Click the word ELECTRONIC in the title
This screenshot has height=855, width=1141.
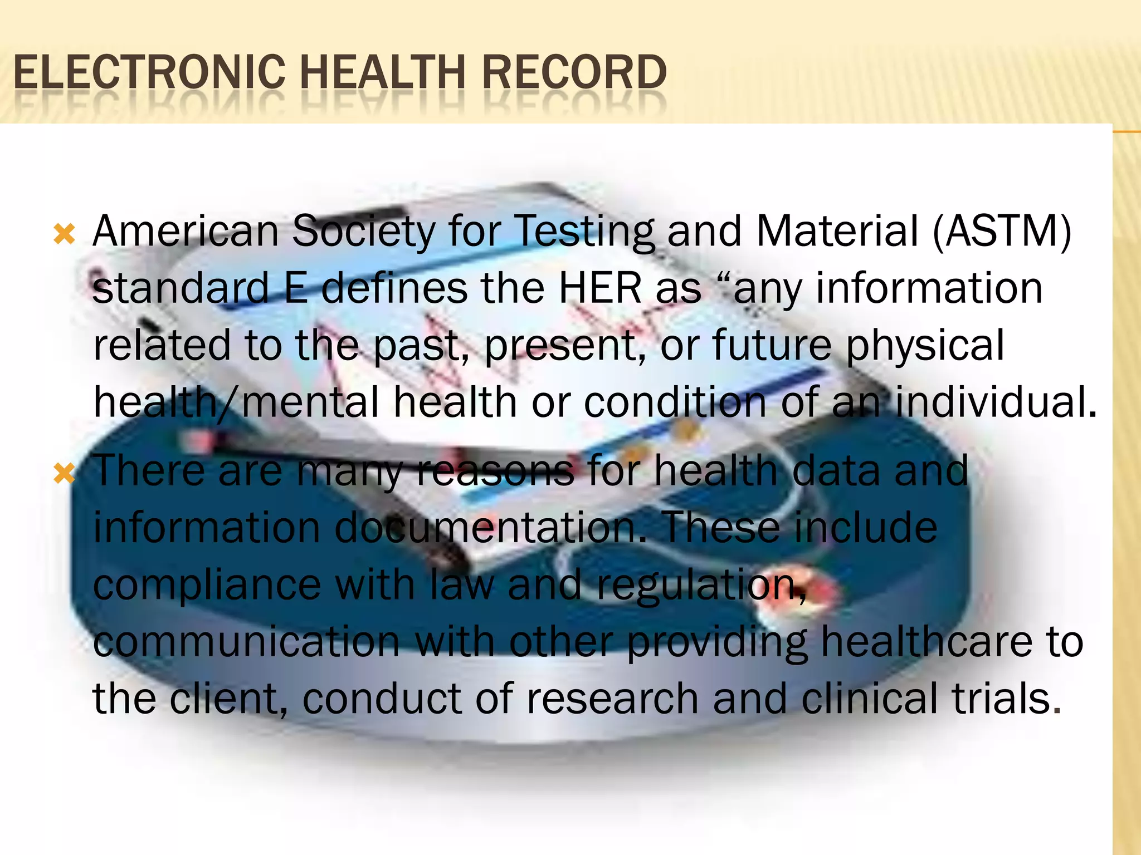[x=149, y=72]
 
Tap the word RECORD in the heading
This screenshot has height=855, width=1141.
[x=574, y=72]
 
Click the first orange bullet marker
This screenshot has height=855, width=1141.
[x=64, y=234]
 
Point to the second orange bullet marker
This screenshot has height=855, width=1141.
[x=64, y=474]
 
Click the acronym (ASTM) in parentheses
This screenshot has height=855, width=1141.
[x=1002, y=232]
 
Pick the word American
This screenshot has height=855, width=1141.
[x=186, y=232]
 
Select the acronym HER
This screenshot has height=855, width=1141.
[x=601, y=288]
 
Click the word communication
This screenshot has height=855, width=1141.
[x=246, y=641]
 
